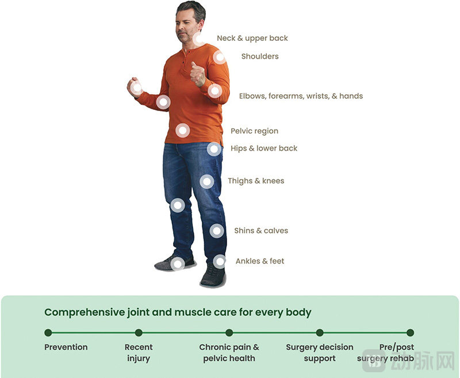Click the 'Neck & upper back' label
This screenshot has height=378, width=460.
pyautogui.click(x=252, y=39)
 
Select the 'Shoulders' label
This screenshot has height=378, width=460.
pyautogui.click(x=259, y=56)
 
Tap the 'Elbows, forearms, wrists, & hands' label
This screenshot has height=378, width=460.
pyautogui.click(x=301, y=96)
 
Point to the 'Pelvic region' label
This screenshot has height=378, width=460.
pyautogui.click(x=254, y=131)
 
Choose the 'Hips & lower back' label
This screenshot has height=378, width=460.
pyautogui.click(x=264, y=148)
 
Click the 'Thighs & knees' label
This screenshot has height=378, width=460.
pyautogui.click(x=256, y=181)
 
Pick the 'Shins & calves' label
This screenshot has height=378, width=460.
pyautogui.click(x=261, y=231)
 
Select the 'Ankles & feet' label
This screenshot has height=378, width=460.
pyautogui.click(x=260, y=261)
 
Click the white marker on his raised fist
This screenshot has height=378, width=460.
pyautogui.click(x=136, y=88)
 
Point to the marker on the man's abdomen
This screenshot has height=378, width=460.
pyautogui.click(x=182, y=131)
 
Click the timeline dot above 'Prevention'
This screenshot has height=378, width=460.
pyautogui.click(x=48, y=333)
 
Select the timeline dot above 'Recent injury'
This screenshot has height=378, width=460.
pyautogui.click(x=139, y=333)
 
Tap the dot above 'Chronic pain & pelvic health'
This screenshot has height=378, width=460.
pyautogui.click(x=229, y=333)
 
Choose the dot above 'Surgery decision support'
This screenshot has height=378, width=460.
pyautogui.click(x=320, y=333)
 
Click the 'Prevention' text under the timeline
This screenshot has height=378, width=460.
pyautogui.click(x=66, y=348)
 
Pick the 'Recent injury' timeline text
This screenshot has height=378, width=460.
pyautogui.click(x=139, y=353)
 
